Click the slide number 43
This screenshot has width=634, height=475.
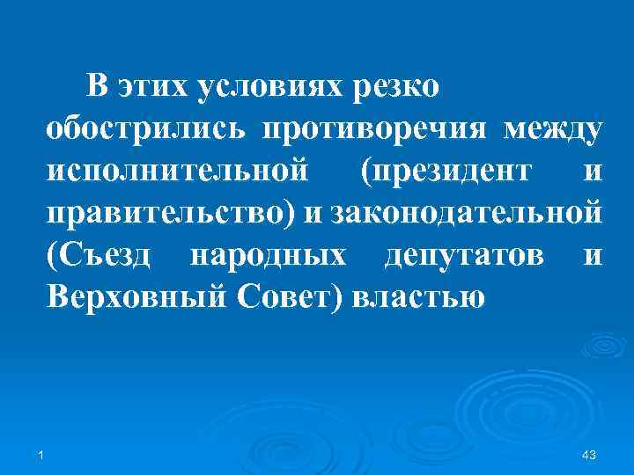point(590,455)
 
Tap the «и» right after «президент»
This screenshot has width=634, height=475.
point(593,172)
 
